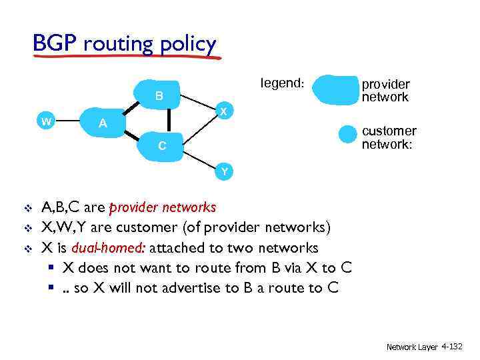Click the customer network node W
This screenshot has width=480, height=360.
pyautogui.click(x=45, y=121)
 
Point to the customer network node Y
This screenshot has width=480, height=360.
pyautogui.click(x=225, y=171)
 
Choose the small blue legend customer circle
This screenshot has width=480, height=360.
pyautogui.click(x=347, y=134)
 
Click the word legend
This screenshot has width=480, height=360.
pyautogui.click(x=282, y=83)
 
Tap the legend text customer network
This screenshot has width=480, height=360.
pyautogui.click(x=388, y=137)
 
